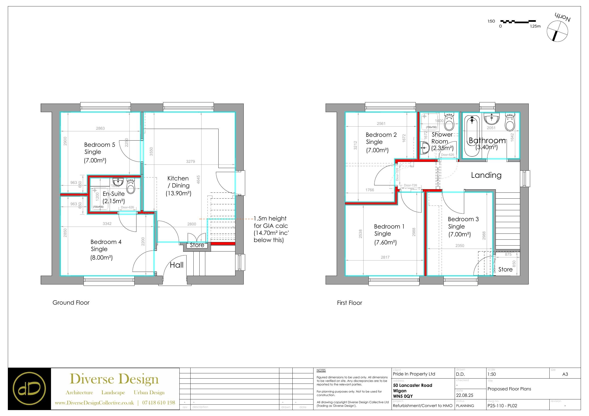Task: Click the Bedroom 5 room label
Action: point(99,145)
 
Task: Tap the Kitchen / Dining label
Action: point(178,182)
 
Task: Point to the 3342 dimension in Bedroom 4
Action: point(107,224)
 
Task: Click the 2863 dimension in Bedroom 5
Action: point(100,128)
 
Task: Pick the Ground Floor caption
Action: point(71,303)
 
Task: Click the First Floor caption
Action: point(349,303)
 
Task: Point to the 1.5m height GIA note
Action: point(271,229)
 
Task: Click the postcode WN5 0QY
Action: point(403,396)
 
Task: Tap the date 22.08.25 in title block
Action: point(465,395)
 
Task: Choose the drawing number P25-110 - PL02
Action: point(502,406)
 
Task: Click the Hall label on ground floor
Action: point(177,265)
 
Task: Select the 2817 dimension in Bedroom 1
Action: point(385,257)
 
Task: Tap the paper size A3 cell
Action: point(565,374)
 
